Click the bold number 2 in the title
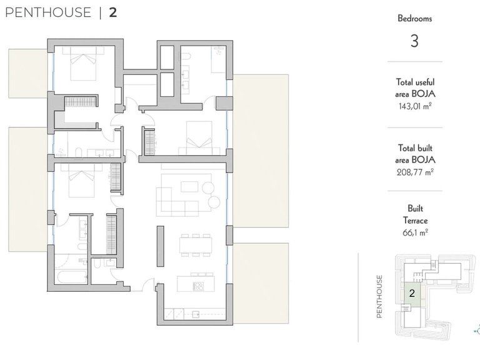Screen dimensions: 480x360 point(113,12)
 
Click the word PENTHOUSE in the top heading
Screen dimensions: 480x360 point(48,12)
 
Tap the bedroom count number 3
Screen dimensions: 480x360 point(414,41)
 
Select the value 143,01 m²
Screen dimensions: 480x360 point(415,106)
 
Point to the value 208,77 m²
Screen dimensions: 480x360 point(415,172)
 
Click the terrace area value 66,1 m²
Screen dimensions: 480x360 point(415,232)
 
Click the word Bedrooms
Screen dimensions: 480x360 point(415,18)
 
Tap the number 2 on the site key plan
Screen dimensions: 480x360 point(412,293)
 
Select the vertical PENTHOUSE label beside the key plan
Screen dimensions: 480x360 point(379,296)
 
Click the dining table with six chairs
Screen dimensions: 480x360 point(196,245)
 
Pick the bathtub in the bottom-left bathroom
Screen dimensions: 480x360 point(72,277)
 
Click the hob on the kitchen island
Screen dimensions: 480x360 point(198,286)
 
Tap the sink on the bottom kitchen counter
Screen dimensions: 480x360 point(195,314)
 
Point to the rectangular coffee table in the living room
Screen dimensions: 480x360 point(189,186)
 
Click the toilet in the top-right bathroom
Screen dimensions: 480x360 point(186,57)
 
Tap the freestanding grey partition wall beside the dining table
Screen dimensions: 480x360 point(161,246)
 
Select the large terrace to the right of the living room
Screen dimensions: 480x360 point(261,151)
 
